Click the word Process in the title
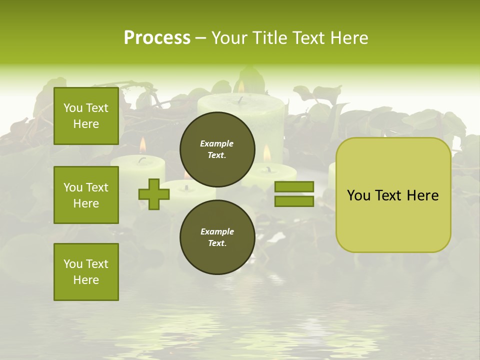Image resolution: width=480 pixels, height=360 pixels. click(157, 38)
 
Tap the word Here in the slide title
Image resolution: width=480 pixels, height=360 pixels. click(348, 38)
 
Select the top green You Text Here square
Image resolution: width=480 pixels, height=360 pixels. click(86, 116)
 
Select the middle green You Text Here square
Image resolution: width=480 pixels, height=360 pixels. click(86, 195)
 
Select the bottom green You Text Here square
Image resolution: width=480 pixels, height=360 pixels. click(86, 272)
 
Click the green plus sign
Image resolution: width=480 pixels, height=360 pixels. click(154, 194)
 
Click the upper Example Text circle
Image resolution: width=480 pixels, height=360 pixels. click(217, 149)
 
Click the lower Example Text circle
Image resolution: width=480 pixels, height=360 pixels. click(217, 237)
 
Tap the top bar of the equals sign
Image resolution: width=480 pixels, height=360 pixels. click(294, 186)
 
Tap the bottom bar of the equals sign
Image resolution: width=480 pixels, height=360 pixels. click(294, 201)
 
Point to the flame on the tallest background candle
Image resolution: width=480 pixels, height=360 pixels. click(241, 87)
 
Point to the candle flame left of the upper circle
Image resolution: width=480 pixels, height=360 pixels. click(142, 145)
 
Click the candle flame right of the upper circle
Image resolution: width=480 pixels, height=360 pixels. click(266, 153)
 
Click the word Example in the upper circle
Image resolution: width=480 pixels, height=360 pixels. click(217, 143)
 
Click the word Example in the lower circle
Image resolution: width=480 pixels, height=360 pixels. click(217, 231)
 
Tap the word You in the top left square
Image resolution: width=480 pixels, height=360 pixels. click(73, 108)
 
